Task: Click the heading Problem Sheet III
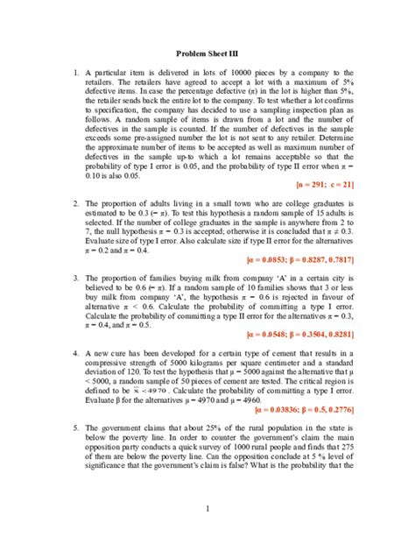click(207, 53)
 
